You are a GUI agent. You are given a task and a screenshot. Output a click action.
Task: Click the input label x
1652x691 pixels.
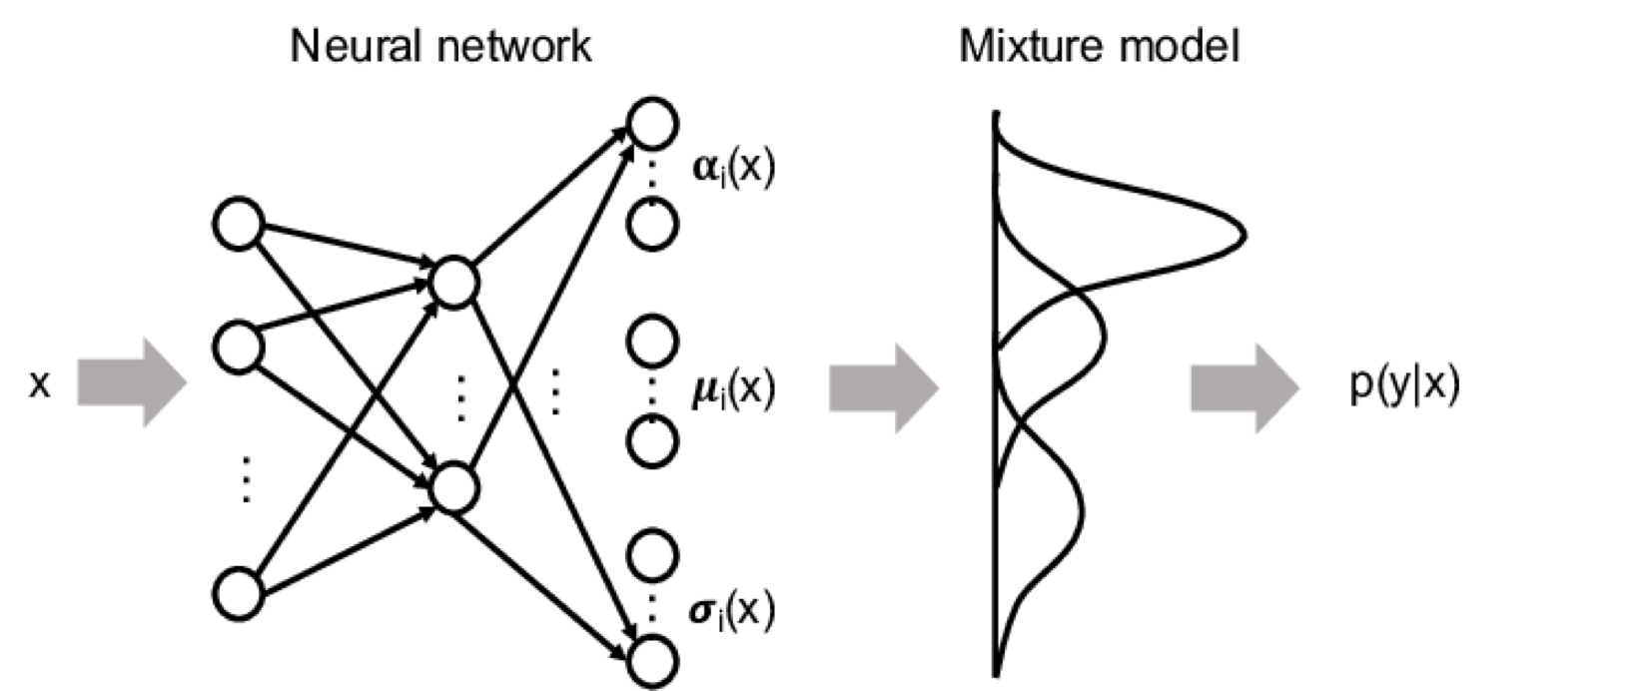pyautogui.click(x=39, y=384)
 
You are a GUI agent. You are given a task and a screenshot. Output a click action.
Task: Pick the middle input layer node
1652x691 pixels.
pyautogui.click(x=239, y=346)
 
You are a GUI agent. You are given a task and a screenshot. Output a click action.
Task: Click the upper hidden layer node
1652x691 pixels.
pyautogui.click(x=453, y=284)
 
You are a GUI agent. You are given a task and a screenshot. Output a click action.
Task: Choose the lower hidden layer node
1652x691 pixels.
pyautogui.click(x=453, y=486)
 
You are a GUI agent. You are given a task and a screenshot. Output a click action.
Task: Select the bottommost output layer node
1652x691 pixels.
pyautogui.click(x=652, y=660)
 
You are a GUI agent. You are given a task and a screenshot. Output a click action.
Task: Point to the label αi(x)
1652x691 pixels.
pyautogui.click(x=733, y=168)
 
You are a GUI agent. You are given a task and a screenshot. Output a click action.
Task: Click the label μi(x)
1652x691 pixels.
pyautogui.click(x=733, y=387)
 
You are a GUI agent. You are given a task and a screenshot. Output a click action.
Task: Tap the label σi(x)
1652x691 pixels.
pyautogui.click(x=733, y=609)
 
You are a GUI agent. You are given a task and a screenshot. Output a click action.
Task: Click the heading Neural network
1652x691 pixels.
pyautogui.click(x=440, y=46)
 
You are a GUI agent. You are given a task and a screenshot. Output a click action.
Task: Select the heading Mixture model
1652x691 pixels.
pyautogui.click(x=1099, y=46)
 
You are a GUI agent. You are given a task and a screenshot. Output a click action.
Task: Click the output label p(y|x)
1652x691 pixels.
pyautogui.click(x=1404, y=384)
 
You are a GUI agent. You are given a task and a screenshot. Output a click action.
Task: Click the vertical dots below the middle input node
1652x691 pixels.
pyautogui.click(x=246, y=478)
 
